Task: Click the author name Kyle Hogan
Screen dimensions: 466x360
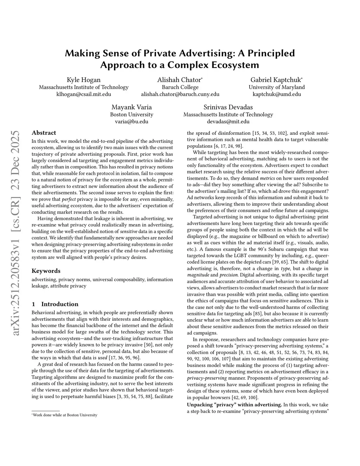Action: click(x=83, y=80)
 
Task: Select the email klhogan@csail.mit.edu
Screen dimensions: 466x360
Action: click(x=84, y=94)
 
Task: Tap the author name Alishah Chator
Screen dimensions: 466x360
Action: click(x=180, y=80)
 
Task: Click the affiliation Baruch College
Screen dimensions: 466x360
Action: click(x=180, y=87)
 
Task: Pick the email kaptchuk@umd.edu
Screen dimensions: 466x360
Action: click(x=277, y=94)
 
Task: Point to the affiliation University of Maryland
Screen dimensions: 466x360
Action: click(x=277, y=87)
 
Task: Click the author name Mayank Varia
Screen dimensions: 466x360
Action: click(x=131, y=107)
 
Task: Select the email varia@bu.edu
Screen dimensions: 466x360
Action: click(x=131, y=121)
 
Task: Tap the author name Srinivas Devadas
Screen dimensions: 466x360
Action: click(x=228, y=107)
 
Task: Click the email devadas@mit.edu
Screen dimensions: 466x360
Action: click(x=228, y=121)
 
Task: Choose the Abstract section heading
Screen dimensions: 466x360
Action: click(x=44, y=133)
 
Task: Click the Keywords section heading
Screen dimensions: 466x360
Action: click(x=46, y=271)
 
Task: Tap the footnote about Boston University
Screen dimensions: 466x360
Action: click(x=65, y=415)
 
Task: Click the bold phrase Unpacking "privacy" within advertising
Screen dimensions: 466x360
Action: click(x=234, y=405)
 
